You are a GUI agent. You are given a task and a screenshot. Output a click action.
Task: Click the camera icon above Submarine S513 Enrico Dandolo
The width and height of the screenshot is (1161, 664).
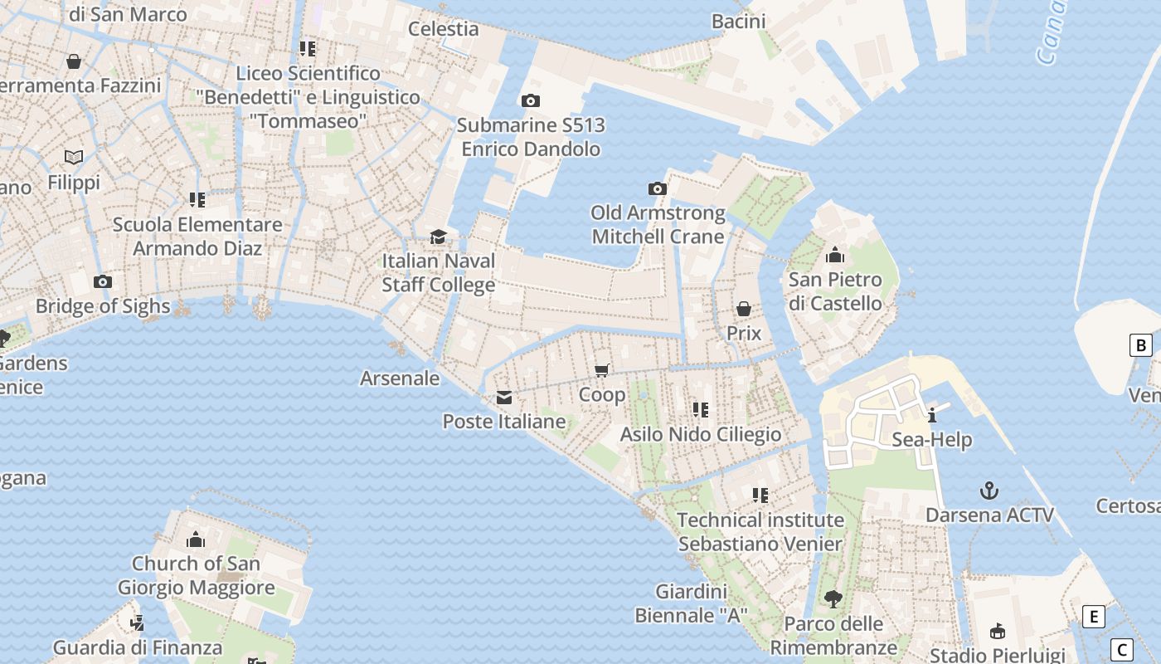pyautogui.click(x=530, y=101)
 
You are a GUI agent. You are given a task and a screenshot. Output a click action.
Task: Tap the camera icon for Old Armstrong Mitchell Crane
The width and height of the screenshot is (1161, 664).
pyautogui.click(x=658, y=189)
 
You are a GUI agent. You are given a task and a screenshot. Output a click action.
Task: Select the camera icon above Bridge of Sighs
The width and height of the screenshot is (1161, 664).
pyautogui.click(x=103, y=282)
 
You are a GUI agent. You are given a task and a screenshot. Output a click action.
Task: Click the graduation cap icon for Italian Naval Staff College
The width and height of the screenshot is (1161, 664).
pyautogui.click(x=438, y=237)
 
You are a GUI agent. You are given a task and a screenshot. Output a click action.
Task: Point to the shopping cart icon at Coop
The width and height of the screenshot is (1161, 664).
pyautogui.click(x=602, y=370)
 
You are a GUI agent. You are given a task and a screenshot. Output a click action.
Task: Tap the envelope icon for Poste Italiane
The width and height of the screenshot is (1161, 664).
pyautogui.click(x=504, y=398)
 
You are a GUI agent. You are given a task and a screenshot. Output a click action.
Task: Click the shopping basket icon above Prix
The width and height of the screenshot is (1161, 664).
pyautogui.click(x=744, y=309)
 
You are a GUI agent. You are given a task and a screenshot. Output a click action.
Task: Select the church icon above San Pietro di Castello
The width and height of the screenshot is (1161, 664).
pyautogui.click(x=835, y=255)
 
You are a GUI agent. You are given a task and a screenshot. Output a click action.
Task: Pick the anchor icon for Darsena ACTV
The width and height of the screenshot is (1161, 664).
pyautogui.click(x=989, y=491)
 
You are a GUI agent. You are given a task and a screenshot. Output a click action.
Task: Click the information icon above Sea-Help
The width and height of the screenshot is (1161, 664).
pyautogui.click(x=932, y=415)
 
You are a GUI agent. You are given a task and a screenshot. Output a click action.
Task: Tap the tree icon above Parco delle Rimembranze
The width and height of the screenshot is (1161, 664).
pyautogui.click(x=833, y=598)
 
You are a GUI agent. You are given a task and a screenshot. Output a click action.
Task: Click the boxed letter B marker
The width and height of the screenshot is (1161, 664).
pyautogui.click(x=1141, y=345)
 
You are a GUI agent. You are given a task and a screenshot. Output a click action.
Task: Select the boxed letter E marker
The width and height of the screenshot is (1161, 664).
pyautogui.click(x=1094, y=617)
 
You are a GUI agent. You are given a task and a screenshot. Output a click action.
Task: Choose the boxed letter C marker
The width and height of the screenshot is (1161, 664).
pyautogui.click(x=1121, y=649)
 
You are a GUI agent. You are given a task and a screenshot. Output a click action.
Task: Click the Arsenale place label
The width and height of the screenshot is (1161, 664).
pyautogui.click(x=400, y=378)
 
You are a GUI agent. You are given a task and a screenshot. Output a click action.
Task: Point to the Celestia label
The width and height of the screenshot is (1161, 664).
pyautogui.click(x=444, y=29)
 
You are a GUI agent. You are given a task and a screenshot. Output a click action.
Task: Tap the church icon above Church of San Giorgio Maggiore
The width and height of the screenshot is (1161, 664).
pyautogui.click(x=196, y=540)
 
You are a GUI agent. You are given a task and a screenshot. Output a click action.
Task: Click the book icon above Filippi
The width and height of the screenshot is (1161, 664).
pyautogui.click(x=74, y=157)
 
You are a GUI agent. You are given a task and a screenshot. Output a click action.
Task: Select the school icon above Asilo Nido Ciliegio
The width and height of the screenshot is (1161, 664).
pyautogui.click(x=701, y=410)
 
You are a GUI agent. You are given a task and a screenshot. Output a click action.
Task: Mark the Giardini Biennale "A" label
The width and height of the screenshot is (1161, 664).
pyautogui.click(x=692, y=603)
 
